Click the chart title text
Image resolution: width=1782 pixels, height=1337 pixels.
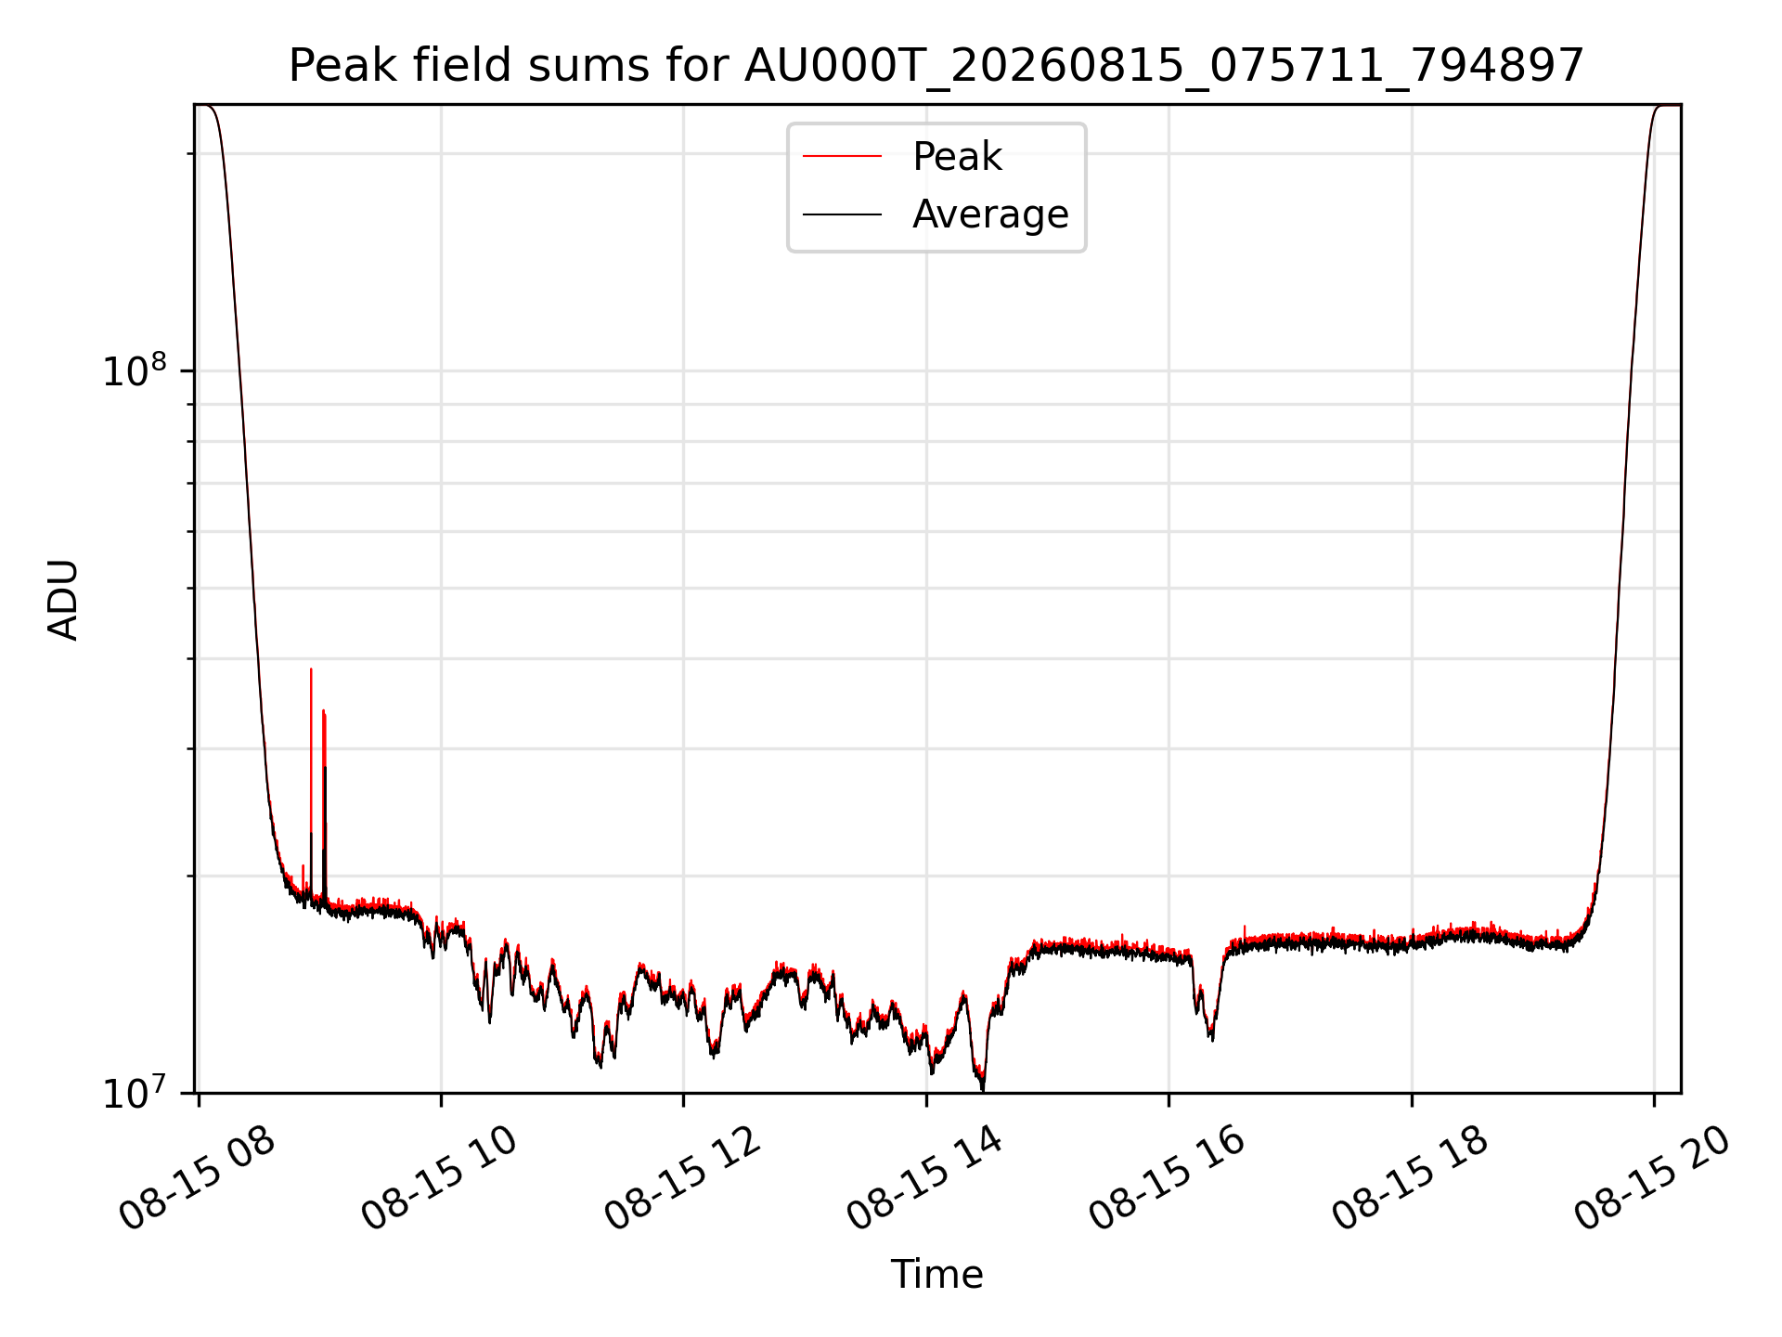click(x=936, y=66)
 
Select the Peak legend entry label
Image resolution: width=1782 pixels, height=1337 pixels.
click(x=957, y=157)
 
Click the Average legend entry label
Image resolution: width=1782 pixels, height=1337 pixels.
click(x=990, y=214)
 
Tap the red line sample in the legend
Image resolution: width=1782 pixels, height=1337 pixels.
click(x=842, y=157)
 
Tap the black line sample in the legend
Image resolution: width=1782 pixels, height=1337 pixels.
click(x=842, y=214)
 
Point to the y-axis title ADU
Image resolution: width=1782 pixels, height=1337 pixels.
click(x=63, y=600)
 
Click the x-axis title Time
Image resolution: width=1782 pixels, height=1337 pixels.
click(x=936, y=1275)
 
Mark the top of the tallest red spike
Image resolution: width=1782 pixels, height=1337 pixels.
click(x=311, y=668)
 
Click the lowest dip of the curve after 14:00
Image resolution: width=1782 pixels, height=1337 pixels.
click(x=983, y=1089)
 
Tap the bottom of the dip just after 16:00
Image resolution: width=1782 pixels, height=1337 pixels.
click(x=1210, y=1038)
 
